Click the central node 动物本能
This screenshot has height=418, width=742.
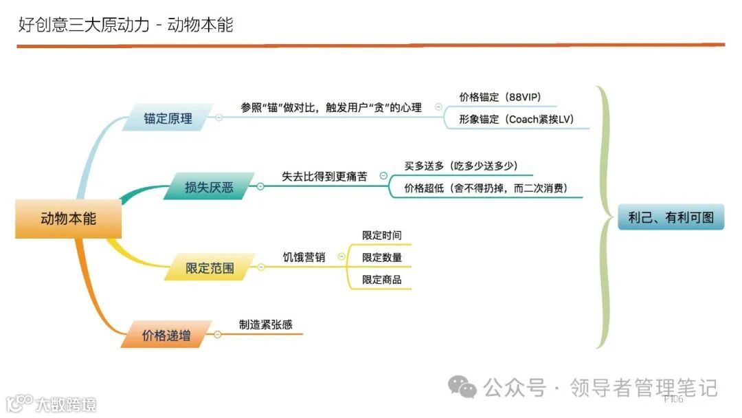[x=69, y=219]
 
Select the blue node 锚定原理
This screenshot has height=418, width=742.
[x=168, y=118]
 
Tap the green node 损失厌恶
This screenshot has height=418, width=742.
[x=209, y=187]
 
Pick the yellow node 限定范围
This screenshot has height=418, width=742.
[x=210, y=268]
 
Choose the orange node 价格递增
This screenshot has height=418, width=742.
[x=166, y=335]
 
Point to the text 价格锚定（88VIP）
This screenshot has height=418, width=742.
[x=505, y=97]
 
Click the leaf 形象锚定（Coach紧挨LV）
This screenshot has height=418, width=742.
[x=515, y=119]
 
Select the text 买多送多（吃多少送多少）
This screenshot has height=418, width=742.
[x=460, y=166]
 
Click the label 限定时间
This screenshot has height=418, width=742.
[x=382, y=235]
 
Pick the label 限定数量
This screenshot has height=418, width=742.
[x=382, y=257]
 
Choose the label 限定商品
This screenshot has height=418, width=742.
[x=382, y=279]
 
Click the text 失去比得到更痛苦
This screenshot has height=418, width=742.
[x=324, y=176]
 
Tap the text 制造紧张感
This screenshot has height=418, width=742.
[x=265, y=324]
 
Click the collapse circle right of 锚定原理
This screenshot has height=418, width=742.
[x=219, y=118]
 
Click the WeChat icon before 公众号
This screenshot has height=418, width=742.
[x=462, y=388]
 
